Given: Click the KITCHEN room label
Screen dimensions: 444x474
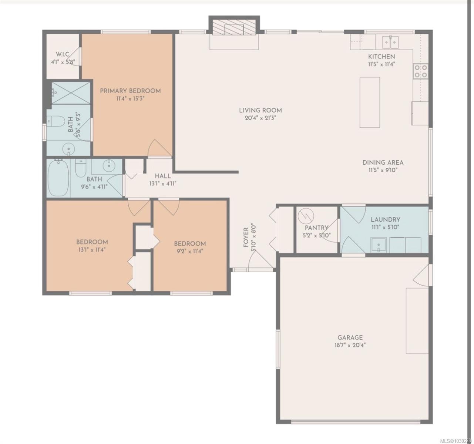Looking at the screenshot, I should (381, 57).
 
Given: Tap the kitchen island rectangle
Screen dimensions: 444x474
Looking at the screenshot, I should (370, 102).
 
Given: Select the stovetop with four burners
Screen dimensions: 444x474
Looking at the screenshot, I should (420, 71).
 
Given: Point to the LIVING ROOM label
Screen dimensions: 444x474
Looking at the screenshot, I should (260, 110).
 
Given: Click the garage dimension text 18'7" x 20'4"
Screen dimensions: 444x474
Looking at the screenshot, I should (350, 345).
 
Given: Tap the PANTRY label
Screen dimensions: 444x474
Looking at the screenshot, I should (316, 228).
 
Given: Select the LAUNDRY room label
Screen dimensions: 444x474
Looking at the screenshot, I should (385, 219).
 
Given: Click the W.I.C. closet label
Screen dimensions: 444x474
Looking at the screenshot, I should (61, 55).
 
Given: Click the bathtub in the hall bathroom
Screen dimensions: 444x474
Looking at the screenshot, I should (58, 178).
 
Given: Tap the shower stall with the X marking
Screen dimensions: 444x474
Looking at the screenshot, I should (70, 92).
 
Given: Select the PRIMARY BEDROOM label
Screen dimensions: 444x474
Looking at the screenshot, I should (130, 91).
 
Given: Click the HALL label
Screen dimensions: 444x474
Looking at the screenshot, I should (162, 176).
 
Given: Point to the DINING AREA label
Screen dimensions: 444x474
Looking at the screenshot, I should (383, 162).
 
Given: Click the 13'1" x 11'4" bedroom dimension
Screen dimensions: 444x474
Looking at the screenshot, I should (92, 249).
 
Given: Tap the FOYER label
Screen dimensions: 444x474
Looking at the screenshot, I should (246, 237).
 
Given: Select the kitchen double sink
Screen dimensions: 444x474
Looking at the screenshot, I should (390, 41).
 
